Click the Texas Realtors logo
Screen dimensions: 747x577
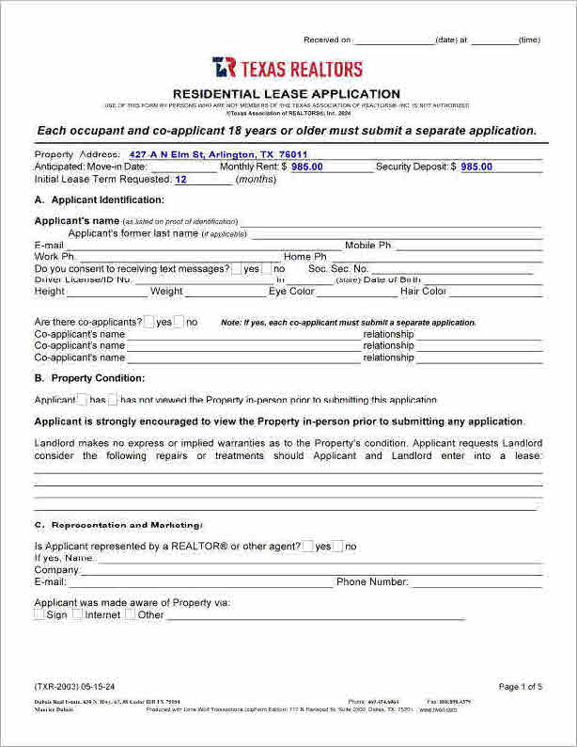[x=287, y=68]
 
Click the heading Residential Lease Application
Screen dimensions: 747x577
[x=288, y=94]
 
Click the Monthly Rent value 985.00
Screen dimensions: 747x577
[x=306, y=167]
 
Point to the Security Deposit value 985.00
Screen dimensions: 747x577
[x=476, y=167]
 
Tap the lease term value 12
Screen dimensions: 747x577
[x=181, y=179]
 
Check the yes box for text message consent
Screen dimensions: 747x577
[x=236, y=268]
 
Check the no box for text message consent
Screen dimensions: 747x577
[x=266, y=268]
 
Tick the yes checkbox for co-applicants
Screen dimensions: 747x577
[x=148, y=322]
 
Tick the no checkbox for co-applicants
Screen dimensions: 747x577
[x=179, y=322]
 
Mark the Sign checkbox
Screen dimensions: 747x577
[x=39, y=614]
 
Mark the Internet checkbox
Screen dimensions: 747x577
[x=77, y=614]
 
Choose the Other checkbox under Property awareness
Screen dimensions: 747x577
[x=130, y=614]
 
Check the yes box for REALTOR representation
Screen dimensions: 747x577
[x=307, y=546]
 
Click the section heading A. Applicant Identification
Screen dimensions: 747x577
[x=99, y=200]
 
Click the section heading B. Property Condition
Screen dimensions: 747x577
[x=89, y=378]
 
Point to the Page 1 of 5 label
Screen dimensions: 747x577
[x=520, y=687]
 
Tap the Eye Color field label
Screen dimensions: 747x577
[x=291, y=292]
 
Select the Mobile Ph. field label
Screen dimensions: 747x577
[x=367, y=246]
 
